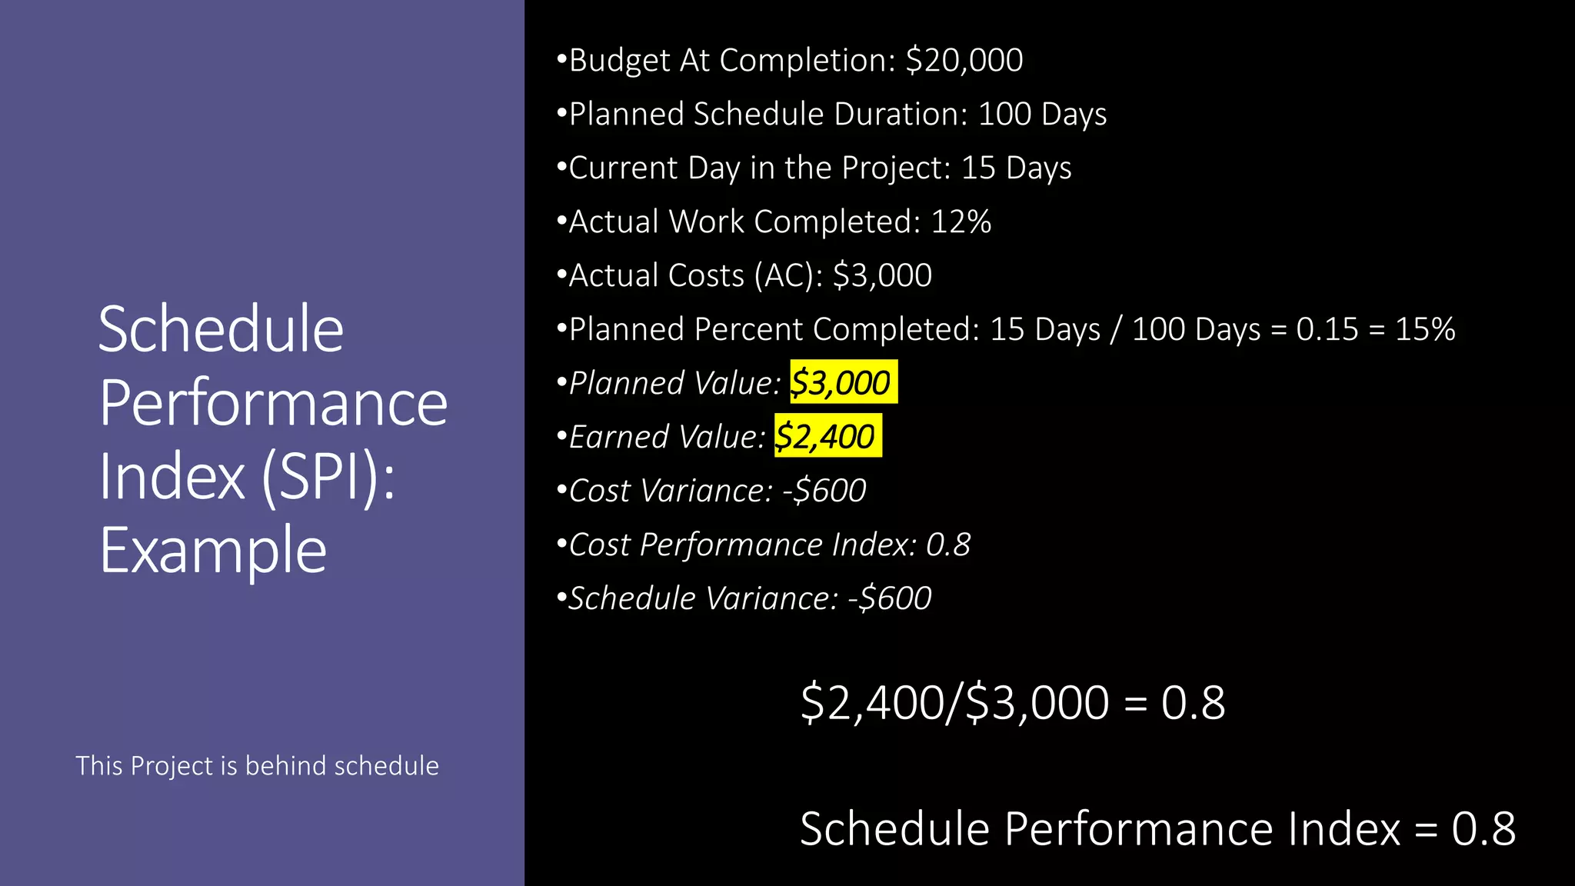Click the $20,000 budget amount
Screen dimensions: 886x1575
[x=964, y=61]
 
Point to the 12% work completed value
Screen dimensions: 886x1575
[x=961, y=222]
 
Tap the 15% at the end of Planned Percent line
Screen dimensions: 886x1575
[x=1425, y=330]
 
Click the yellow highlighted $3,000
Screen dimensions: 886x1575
[x=843, y=383]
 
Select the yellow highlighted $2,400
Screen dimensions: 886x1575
[x=827, y=437]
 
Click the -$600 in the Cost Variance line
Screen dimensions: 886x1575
[x=824, y=491]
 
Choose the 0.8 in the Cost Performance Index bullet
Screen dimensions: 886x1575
[x=947, y=545]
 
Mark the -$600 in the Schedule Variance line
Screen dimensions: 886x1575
[x=890, y=598]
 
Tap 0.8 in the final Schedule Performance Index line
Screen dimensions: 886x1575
[x=1483, y=829]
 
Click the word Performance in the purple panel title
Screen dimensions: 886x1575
[x=273, y=403]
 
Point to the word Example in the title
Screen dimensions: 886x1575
[x=213, y=551]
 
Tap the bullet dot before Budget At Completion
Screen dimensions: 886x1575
[x=561, y=58]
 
